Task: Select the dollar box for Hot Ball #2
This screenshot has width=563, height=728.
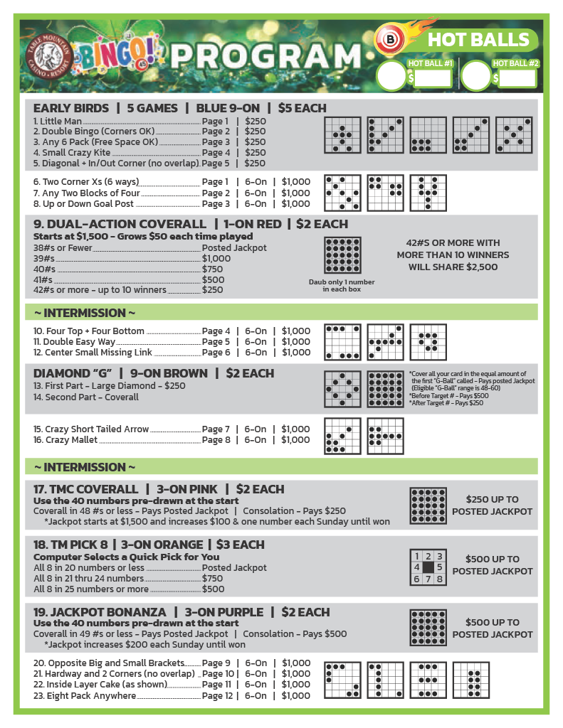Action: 517,77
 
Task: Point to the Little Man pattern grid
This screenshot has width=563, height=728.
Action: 343,135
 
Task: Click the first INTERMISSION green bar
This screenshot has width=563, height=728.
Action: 281,313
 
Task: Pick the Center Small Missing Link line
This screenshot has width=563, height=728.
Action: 93,353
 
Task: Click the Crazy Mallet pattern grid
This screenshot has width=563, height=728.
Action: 386,436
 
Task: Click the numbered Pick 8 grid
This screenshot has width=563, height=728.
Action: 428,567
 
